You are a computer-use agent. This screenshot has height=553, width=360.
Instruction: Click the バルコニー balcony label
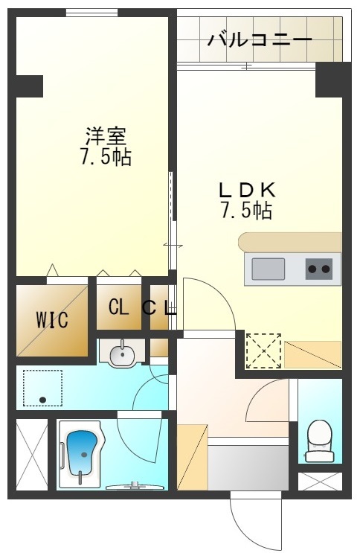point(259,39)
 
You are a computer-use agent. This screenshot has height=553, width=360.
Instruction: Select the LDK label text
point(248,189)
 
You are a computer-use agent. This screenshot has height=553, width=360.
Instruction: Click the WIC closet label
point(52,321)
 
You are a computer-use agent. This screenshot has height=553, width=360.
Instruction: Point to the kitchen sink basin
point(268,269)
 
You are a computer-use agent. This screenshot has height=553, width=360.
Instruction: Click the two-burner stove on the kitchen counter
point(319,269)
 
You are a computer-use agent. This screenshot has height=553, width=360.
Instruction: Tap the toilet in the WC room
point(319,440)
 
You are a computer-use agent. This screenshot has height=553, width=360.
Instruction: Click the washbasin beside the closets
point(120,354)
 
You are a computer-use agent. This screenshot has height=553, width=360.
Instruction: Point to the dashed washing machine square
point(42,389)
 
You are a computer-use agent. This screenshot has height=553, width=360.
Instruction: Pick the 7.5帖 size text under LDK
point(245,211)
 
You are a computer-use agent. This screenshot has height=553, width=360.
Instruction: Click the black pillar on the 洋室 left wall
point(29,86)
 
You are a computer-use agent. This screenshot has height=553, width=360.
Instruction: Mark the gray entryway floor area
point(248,465)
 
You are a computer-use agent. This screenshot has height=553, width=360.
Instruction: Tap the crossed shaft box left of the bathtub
point(31,454)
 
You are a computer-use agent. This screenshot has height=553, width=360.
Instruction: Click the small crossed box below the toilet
point(319,481)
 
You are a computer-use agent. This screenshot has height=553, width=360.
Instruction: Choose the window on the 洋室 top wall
point(91,12)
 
